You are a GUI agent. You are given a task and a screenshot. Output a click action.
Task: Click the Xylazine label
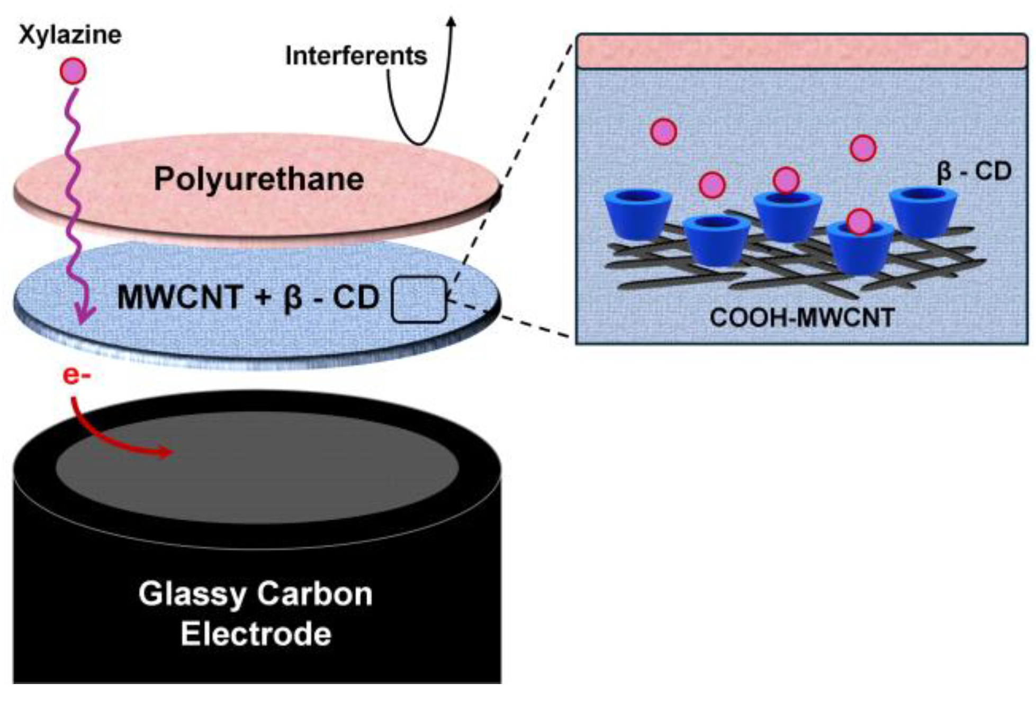coord(70,35)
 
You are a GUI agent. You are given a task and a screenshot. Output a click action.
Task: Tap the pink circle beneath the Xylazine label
coord(73,71)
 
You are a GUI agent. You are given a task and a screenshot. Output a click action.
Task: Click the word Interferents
coord(356,56)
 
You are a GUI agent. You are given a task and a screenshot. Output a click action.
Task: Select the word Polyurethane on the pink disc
coord(259,179)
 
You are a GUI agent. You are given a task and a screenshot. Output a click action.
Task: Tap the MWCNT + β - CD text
coord(248,298)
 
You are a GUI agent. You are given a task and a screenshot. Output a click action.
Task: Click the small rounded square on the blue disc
coord(418,299)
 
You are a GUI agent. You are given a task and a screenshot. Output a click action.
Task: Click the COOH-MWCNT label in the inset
coord(801,318)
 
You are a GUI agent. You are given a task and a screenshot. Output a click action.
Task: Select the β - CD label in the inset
coord(974,171)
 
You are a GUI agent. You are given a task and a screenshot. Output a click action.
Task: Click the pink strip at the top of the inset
coord(801,51)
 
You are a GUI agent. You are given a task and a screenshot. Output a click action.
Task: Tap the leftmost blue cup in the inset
coord(638,214)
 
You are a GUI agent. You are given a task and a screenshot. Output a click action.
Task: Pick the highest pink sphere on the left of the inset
coord(663,132)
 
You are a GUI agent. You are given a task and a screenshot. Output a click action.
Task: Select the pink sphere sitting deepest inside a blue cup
coord(859,222)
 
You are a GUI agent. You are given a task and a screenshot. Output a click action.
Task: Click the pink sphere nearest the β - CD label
coord(863,148)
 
